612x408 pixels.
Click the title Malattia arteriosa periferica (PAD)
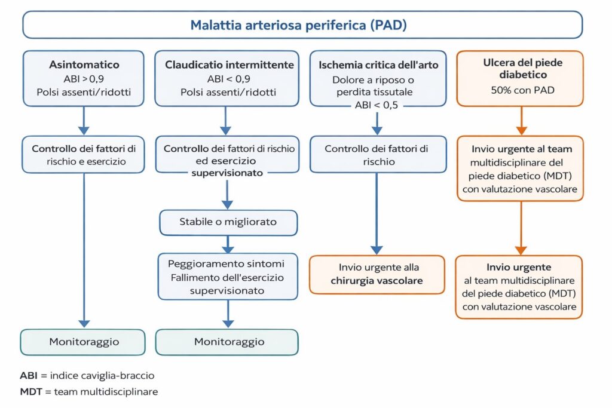pos(299,25)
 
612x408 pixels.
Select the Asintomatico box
pos(84,78)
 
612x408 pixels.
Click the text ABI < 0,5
pos(377,106)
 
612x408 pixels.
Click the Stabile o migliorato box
pos(228,222)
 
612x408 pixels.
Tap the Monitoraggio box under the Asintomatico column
pos(84,342)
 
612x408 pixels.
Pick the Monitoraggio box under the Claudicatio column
pos(228,342)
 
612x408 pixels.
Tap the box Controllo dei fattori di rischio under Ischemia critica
pos(377,154)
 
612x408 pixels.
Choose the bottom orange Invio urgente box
pos(519,287)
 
